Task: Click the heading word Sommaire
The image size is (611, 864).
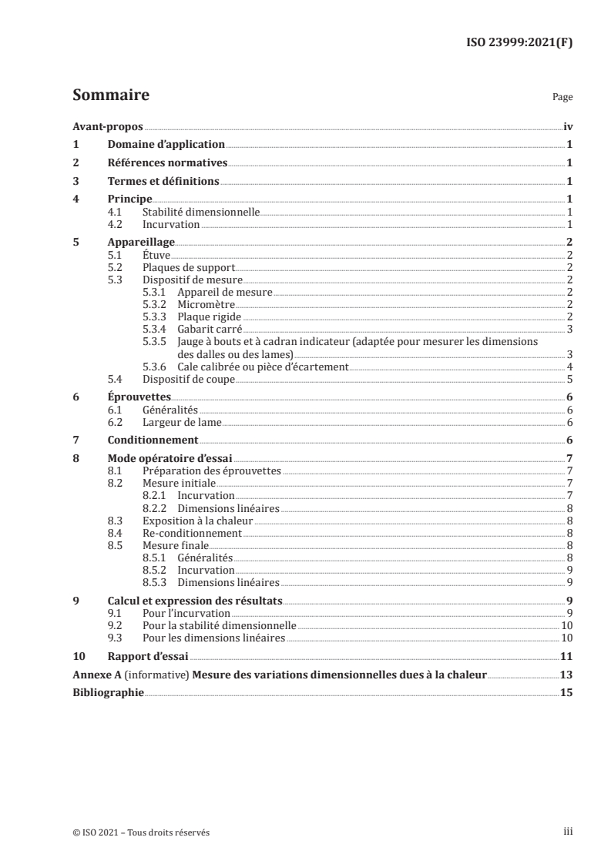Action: coord(110,95)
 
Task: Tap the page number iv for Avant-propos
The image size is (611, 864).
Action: coord(567,127)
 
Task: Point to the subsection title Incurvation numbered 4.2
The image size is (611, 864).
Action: coord(171,224)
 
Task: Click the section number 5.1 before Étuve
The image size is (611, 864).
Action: coord(115,254)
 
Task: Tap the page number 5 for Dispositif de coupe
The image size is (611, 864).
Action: coord(569,379)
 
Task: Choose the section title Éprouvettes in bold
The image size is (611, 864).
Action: coord(139,397)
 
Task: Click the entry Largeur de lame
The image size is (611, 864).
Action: coord(182,422)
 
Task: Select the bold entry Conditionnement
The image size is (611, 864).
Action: coord(153,440)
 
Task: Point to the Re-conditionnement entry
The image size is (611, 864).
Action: coord(192,532)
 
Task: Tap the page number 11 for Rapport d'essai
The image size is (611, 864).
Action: coord(566,656)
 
